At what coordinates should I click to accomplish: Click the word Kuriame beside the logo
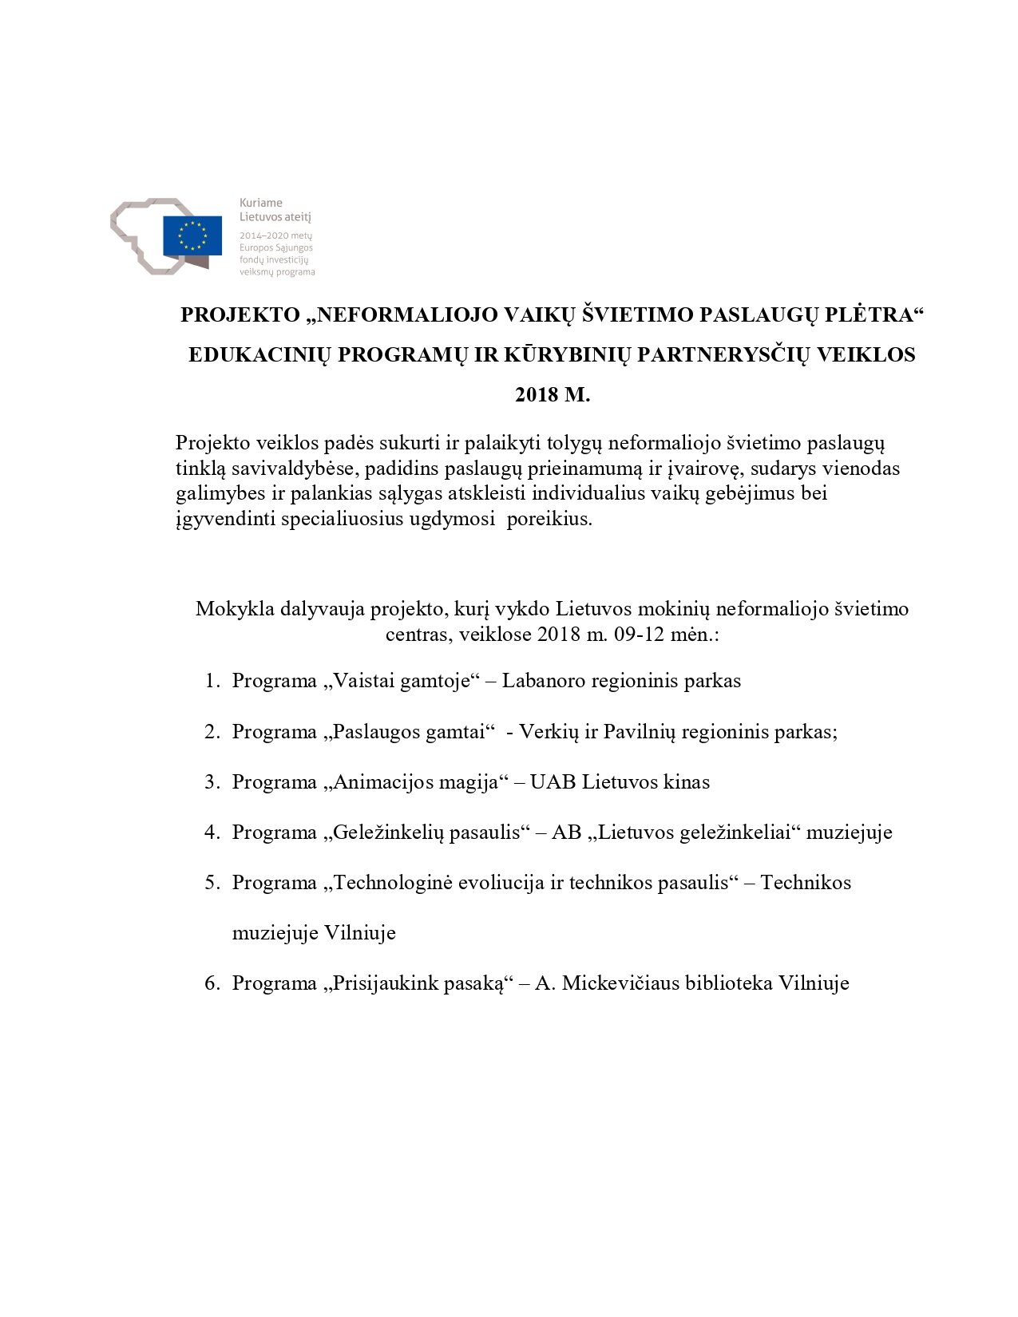261,203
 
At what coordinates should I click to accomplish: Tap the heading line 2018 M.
552,394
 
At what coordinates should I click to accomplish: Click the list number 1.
212,681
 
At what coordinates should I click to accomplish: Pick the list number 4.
212,833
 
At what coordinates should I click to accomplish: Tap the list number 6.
212,983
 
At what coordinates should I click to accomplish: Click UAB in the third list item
553,782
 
